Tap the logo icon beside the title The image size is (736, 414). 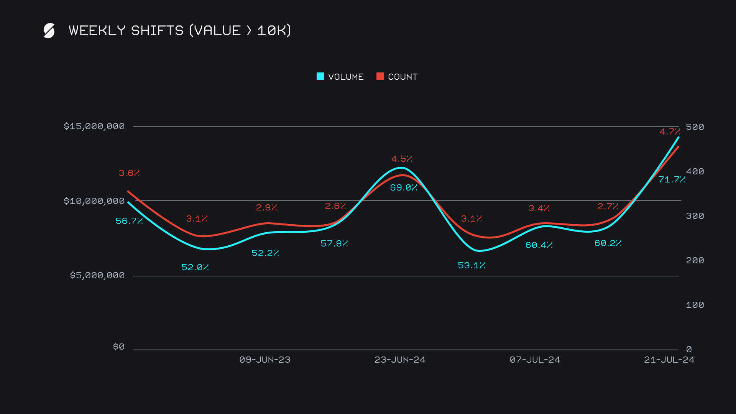49,31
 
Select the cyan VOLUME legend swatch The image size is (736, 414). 320,76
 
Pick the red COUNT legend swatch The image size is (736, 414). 380,76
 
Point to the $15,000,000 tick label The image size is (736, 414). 94,127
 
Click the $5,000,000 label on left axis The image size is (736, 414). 97,276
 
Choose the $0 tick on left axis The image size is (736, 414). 119,347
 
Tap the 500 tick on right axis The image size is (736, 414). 695,127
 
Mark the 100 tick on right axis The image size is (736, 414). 695,305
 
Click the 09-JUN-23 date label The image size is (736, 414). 265,360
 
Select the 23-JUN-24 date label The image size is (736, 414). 400,360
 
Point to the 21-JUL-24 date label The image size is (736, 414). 669,360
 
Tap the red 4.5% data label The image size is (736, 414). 402,159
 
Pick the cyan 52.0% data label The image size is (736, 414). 195,267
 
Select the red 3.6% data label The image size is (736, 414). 129,173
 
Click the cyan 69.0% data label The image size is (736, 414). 404,187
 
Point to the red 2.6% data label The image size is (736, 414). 335,206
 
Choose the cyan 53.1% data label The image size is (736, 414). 472,265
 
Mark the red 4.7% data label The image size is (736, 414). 670,131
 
